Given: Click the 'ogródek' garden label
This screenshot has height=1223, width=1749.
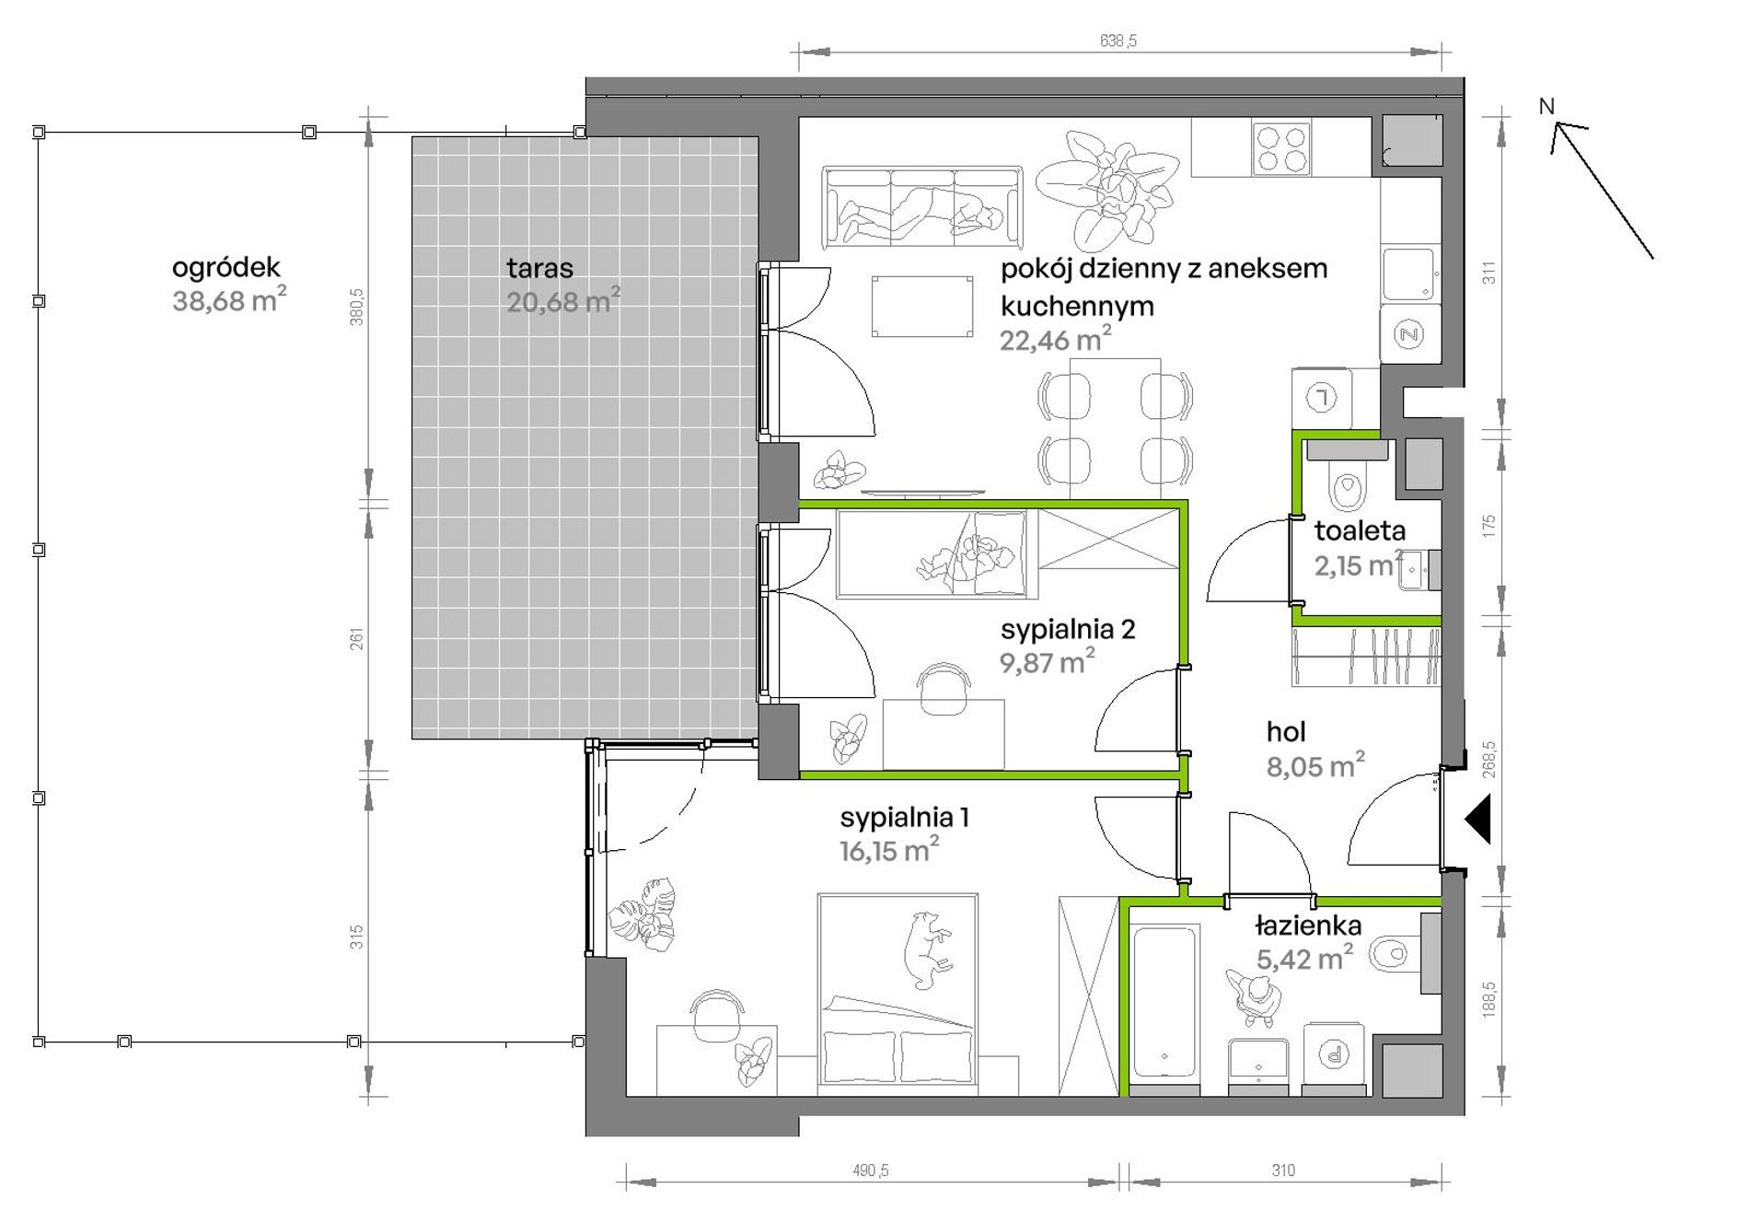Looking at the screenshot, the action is tap(226, 268).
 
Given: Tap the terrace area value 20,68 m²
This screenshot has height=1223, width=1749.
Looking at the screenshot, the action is tap(563, 300).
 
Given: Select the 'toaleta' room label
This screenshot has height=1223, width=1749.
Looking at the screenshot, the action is tap(1360, 530).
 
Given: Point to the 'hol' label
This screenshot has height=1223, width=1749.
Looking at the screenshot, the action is tap(1286, 732).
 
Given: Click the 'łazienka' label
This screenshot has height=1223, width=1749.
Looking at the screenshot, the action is tap(1308, 925).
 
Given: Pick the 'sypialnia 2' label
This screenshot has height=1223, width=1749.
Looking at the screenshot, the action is tap(1068, 630).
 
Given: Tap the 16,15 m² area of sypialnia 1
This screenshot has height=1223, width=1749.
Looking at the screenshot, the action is tap(889, 849).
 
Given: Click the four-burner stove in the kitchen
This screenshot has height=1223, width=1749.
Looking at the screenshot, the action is tap(1281, 148).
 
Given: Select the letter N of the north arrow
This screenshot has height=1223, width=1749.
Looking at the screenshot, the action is tap(1546, 107).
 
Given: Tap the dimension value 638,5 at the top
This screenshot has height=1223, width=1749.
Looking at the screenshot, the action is tap(1118, 41).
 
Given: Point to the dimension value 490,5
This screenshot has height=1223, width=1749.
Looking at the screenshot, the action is tap(870, 1171).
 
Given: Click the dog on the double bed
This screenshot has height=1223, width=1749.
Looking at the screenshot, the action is tap(928, 949).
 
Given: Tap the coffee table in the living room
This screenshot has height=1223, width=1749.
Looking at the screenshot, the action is tap(922, 306).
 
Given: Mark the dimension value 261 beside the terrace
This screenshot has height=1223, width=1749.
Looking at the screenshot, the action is tap(356, 638).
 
